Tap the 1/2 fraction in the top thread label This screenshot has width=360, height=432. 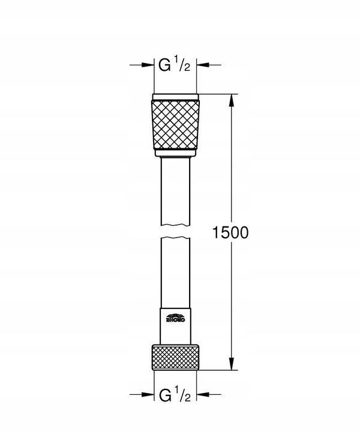(182, 63)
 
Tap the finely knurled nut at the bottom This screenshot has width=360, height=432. (175, 358)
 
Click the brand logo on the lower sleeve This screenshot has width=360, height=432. (175, 319)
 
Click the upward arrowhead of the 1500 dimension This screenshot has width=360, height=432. (231, 99)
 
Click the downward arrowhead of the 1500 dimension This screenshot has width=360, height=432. (231, 367)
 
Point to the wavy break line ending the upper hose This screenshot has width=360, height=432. (175, 225)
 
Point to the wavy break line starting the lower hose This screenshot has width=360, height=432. (175, 239)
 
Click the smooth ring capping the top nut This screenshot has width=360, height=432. (175, 97)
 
